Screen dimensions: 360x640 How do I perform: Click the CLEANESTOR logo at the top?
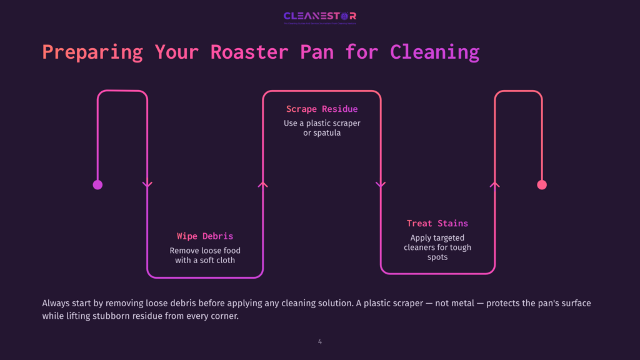319,17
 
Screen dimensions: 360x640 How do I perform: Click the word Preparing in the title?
92,51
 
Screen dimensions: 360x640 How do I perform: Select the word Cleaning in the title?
434,51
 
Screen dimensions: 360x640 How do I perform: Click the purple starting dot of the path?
97,184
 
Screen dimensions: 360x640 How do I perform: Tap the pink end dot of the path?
542,184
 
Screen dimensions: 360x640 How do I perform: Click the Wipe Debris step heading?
205,236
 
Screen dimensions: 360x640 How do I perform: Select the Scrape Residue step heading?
322,109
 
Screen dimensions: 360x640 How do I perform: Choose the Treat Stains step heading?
437,223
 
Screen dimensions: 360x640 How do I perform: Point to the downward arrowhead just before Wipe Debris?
147,184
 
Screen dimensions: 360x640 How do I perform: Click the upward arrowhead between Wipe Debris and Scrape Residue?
263,184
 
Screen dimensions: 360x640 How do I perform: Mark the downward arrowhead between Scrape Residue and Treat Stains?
380,184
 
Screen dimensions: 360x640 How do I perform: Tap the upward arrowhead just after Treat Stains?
495,184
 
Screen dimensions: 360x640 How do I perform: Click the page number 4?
320,341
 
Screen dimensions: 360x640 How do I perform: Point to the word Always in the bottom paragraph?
56,303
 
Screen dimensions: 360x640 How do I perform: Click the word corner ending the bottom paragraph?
223,316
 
